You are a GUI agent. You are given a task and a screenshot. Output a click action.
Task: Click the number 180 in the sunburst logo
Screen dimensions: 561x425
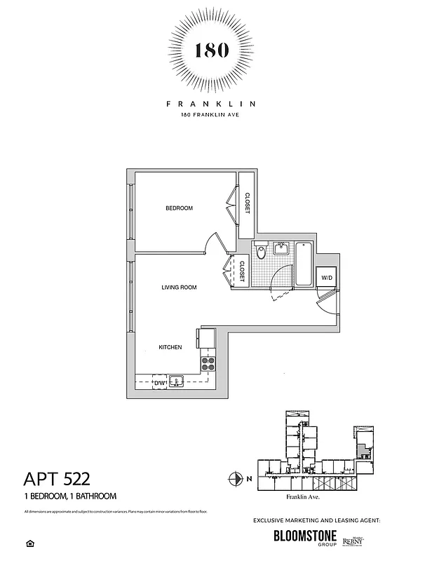[x=211, y=50]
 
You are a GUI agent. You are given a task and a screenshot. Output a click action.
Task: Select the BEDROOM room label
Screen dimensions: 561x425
[x=179, y=208]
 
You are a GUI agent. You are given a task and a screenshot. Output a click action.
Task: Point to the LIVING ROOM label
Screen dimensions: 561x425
[x=179, y=287]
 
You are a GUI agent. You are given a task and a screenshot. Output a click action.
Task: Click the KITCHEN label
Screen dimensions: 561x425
[x=170, y=347]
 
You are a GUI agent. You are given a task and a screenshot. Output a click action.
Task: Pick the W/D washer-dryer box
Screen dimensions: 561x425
[x=327, y=278]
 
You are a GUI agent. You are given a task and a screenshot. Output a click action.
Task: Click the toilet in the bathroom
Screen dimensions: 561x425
[x=260, y=251]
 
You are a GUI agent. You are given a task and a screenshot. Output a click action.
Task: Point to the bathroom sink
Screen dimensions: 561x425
[x=282, y=248]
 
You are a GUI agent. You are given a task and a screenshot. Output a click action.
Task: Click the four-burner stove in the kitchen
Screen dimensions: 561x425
[x=208, y=363]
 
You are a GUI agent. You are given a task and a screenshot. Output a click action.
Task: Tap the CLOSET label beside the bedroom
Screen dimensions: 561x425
[x=246, y=205]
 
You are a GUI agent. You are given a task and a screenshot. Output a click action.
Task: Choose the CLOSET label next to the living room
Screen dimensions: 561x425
[x=242, y=271]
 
